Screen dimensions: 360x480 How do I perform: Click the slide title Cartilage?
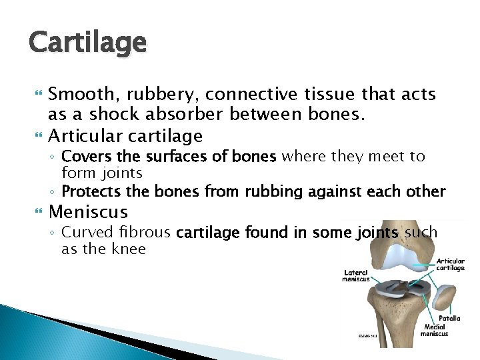pos(87,43)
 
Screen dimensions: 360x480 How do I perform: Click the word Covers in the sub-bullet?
pos(82,157)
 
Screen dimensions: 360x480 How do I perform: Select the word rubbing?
pos(271,192)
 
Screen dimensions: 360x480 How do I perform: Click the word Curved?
pos(83,233)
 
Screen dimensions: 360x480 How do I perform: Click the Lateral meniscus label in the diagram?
pos(355,275)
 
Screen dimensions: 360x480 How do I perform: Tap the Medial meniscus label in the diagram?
pos(434,330)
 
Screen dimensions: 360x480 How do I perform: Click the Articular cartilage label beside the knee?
pos(451,265)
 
